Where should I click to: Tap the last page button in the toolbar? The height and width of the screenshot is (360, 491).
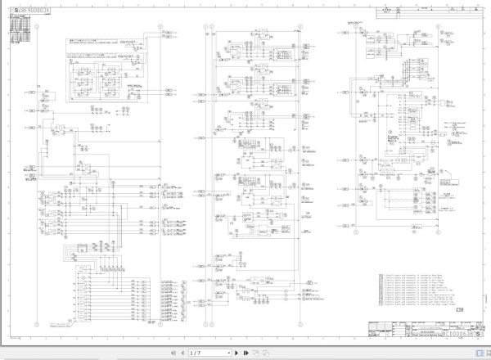[244, 353]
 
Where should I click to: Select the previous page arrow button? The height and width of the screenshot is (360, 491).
[182, 353]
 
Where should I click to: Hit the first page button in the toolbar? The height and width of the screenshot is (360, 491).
[173, 353]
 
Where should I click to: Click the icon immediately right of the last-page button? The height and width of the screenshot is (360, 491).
[255, 353]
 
